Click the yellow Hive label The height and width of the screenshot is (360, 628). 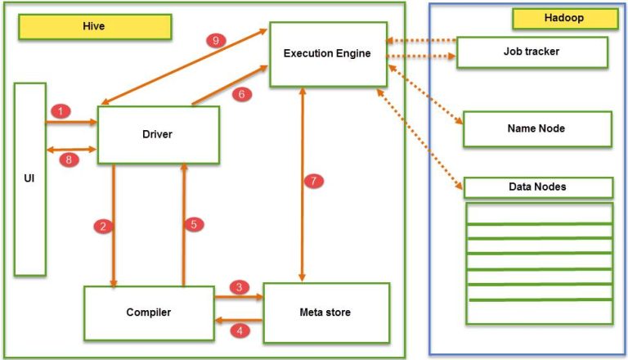[x=95, y=26]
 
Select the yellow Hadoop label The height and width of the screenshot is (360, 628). [x=564, y=18]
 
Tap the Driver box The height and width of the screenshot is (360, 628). [x=159, y=135]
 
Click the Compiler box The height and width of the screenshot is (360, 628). [x=148, y=312]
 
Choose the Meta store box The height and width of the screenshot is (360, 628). [x=326, y=312]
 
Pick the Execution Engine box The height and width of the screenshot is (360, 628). [x=327, y=54]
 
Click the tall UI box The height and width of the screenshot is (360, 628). [x=29, y=178]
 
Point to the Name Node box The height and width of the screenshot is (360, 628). [x=536, y=128]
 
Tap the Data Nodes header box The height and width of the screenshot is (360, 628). [x=537, y=187]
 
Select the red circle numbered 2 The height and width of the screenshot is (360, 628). [x=103, y=227]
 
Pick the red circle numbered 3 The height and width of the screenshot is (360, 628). [x=239, y=287]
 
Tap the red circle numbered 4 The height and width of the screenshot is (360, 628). [x=239, y=331]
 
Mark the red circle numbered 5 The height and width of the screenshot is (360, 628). [x=194, y=224]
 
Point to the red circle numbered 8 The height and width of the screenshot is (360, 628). [x=70, y=160]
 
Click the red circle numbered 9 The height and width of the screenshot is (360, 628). [x=215, y=42]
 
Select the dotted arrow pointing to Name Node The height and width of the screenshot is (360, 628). [x=425, y=95]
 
